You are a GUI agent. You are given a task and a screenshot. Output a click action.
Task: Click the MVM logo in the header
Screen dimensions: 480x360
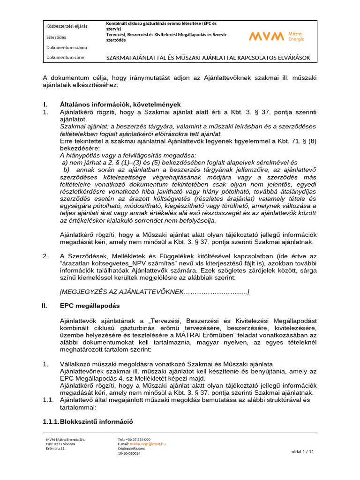277,36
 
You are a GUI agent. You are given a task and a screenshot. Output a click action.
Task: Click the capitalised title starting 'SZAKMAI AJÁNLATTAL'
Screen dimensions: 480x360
209,58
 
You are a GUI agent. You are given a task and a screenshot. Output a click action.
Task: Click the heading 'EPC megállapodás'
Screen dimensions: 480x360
90,306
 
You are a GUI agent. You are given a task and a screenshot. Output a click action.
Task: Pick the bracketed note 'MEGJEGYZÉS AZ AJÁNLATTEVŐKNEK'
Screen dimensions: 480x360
155,292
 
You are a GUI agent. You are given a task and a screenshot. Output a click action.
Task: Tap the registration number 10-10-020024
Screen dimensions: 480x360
129,453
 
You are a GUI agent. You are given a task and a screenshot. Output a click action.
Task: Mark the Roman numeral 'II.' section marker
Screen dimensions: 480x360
45,306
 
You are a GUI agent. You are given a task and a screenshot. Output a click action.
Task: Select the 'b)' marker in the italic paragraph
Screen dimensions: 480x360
66,169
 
